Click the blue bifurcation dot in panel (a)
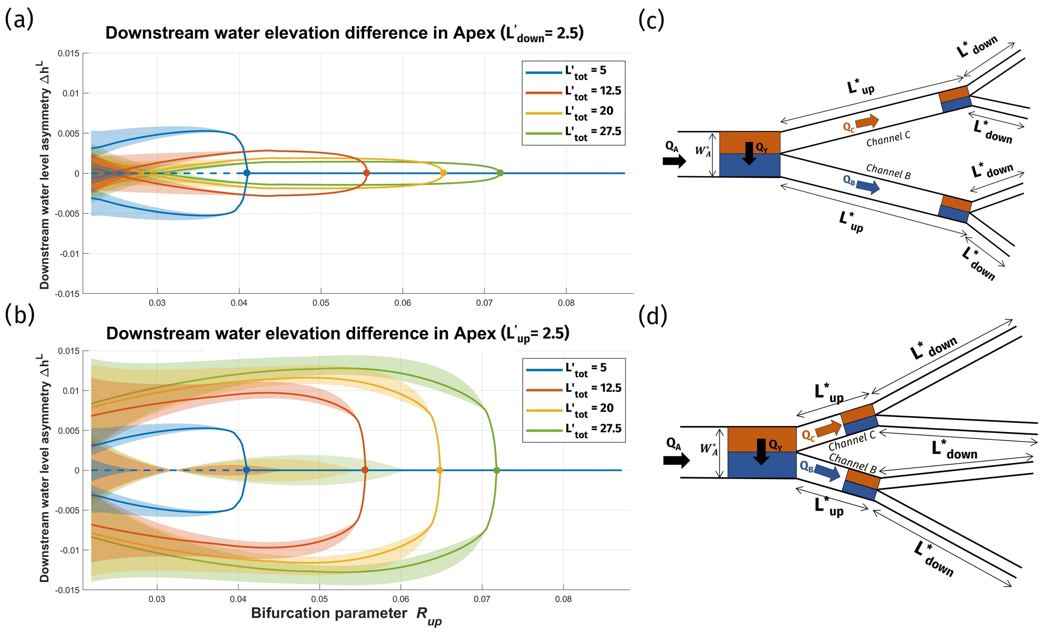coord(247,173)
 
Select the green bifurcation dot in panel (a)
coord(500,173)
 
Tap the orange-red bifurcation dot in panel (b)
coord(365,470)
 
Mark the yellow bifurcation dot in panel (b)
coord(439,470)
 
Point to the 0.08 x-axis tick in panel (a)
coord(566,303)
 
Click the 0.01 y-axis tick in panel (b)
coord(71,390)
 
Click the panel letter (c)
coord(651,20)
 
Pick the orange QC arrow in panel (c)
coord(867,122)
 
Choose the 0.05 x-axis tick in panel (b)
coord(319,599)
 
